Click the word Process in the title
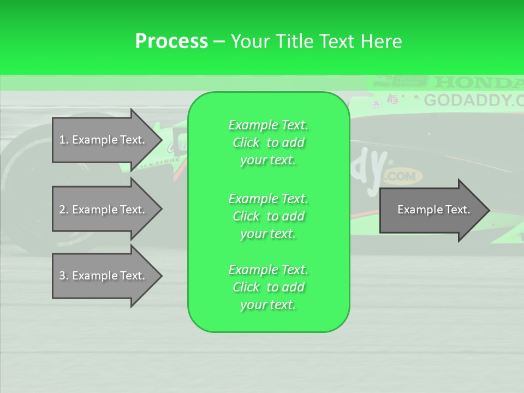(x=171, y=41)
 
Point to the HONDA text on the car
(x=478, y=82)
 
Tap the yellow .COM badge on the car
(x=403, y=176)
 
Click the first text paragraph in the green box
(x=268, y=142)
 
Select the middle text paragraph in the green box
(x=268, y=216)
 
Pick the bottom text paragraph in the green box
(x=268, y=287)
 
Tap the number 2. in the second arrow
(x=64, y=210)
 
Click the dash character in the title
(x=219, y=41)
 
